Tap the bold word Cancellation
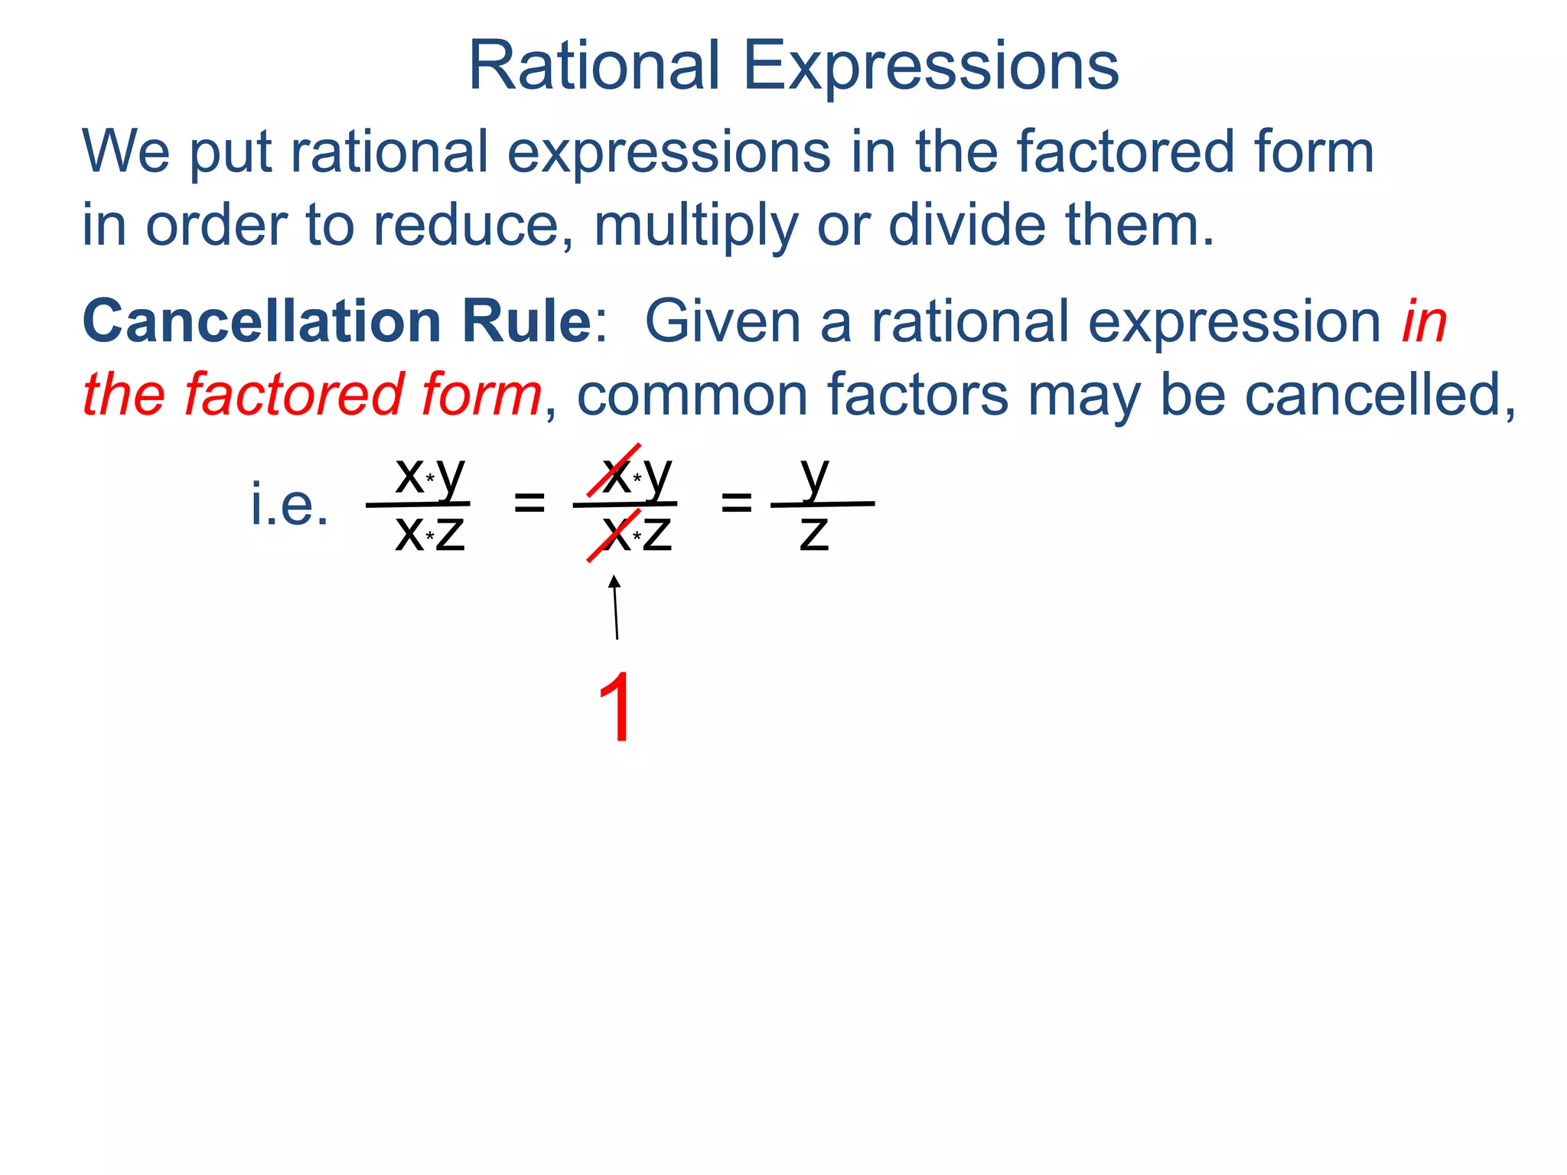(x=261, y=321)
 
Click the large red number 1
(x=617, y=708)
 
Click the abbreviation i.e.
(x=289, y=506)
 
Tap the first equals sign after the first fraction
(x=529, y=503)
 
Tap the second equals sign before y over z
(x=737, y=503)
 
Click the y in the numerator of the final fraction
(x=815, y=476)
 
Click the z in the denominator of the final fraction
(x=814, y=534)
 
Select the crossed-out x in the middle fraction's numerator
(x=616, y=475)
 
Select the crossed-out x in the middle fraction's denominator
(x=616, y=533)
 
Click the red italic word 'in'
(x=1424, y=321)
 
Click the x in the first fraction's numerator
(x=409, y=475)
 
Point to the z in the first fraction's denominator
(x=451, y=534)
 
